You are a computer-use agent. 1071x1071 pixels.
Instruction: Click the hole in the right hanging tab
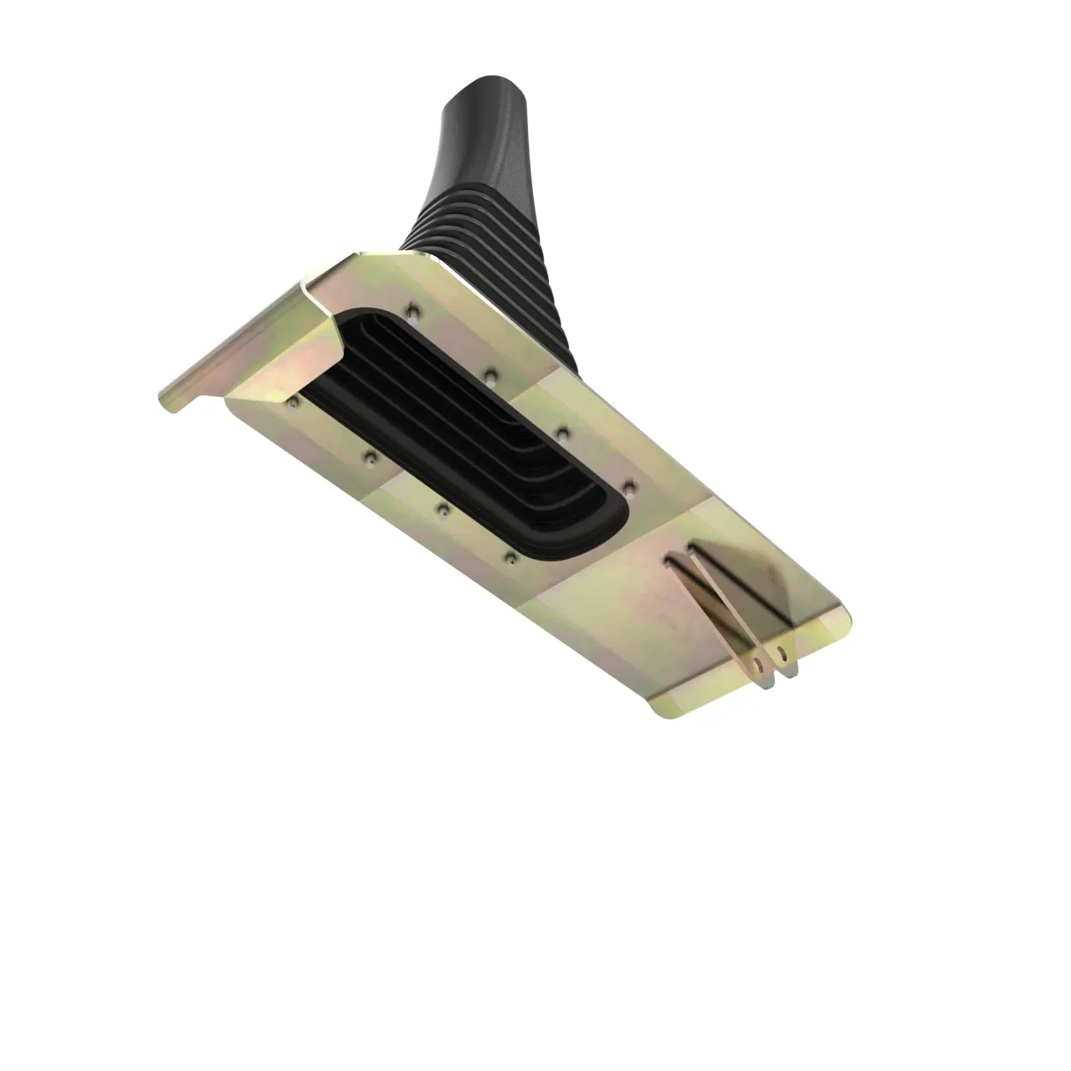pyautogui.click(x=783, y=649)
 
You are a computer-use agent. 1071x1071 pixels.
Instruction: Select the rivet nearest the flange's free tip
pyautogui.click(x=292, y=404)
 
